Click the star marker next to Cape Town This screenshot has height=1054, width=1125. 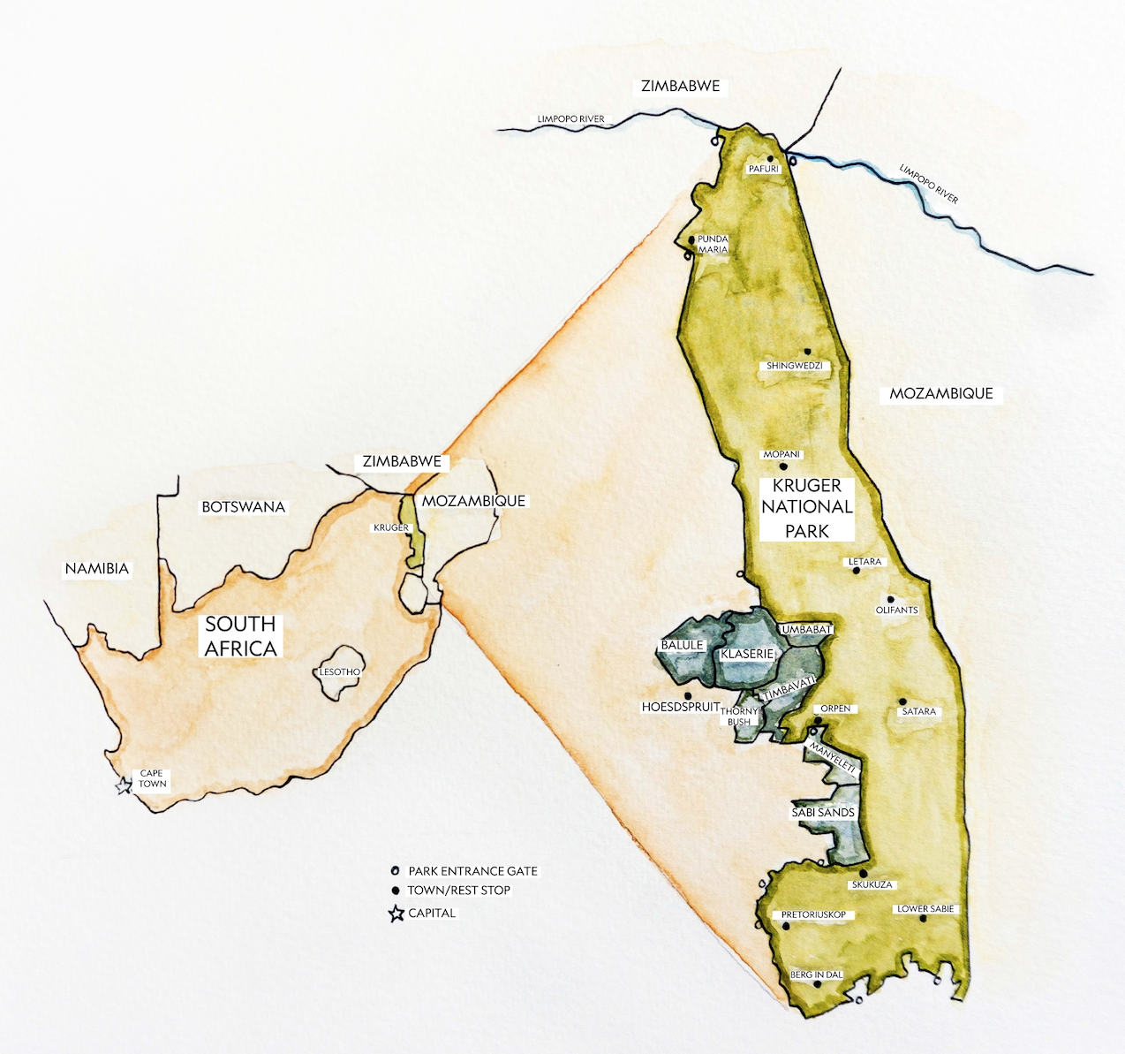(124, 785)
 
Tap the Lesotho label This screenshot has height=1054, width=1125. (340, 672)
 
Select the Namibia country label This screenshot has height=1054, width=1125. (97, 569)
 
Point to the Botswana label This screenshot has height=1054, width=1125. (244, 507)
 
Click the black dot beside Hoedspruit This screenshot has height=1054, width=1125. (689, 696)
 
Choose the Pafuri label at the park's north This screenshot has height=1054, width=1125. (764, 169)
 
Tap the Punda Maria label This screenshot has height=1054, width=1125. (713, 245)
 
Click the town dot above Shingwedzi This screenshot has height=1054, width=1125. (807, 352)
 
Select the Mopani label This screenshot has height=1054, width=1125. (781, 454)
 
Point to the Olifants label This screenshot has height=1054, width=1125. (897, 610)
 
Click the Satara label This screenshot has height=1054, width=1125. (918, 711)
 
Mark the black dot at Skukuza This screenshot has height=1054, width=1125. (863, 874)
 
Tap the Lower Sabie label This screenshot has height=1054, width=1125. (925, 909)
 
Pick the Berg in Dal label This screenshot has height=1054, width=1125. (816, 975)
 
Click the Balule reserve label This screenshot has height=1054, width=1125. (682, 646)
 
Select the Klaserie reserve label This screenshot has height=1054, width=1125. (747, 655)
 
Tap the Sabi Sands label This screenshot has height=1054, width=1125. (823, 813)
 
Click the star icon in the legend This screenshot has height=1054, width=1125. (396, 914)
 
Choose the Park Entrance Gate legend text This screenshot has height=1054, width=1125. (472, 871)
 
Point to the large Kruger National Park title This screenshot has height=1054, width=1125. (807, 508)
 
